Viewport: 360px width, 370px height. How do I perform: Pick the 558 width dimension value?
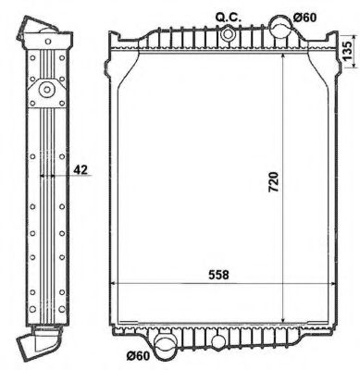coord(219,275)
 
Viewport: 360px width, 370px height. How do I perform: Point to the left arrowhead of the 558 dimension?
coord(115,283)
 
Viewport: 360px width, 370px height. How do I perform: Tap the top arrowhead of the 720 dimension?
coord(283,55)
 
